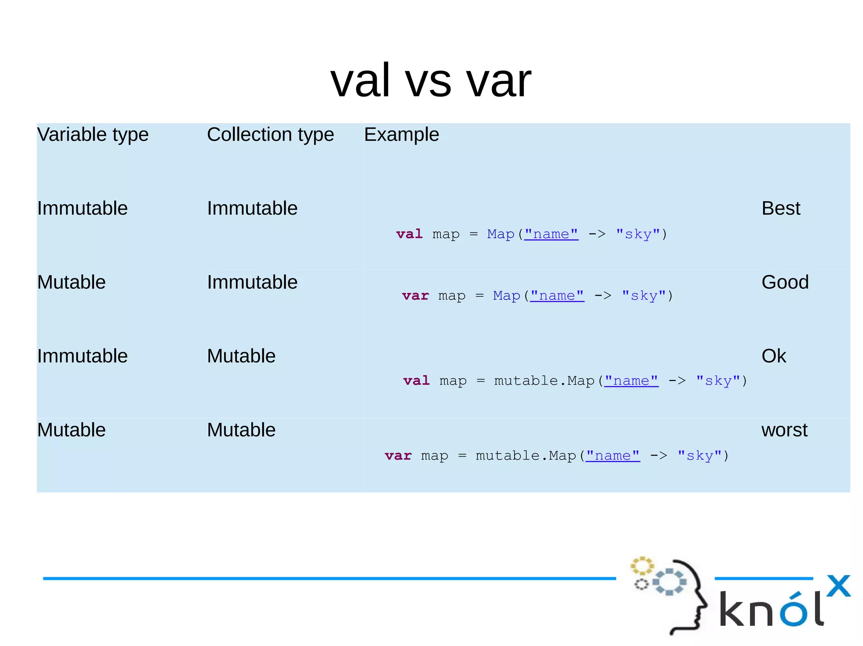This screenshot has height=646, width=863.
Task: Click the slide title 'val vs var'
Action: (431, 80)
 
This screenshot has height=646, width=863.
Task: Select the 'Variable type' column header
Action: (93, 135)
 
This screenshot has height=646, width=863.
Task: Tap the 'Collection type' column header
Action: (270, 135)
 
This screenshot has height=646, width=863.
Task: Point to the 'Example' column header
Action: (401, 135)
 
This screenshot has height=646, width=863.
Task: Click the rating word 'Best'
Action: (780, 208)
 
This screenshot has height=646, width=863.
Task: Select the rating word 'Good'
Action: (785, 282)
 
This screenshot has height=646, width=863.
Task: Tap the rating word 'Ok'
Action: (773, 356)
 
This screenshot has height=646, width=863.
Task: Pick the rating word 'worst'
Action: (784, 430)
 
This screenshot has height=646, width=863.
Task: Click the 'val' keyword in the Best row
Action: (409, 234)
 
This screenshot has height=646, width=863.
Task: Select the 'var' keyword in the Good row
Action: (415, 296)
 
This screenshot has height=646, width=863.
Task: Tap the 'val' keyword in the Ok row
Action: (416, 381)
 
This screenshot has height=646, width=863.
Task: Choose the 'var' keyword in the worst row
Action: (398, 456)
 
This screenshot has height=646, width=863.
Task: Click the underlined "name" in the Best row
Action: (551, 234)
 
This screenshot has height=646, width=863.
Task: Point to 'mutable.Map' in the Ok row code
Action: (544, 381)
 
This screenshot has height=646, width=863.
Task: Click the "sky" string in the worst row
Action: (700, 456)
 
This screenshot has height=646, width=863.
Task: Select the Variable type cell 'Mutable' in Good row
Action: (71, 282)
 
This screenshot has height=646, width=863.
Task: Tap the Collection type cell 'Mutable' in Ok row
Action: (241, 356)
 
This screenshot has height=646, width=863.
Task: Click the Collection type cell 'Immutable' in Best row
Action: (252, 208)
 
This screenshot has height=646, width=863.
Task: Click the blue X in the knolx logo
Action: (838, 586)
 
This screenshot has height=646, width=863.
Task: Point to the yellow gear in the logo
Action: (642, 566)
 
